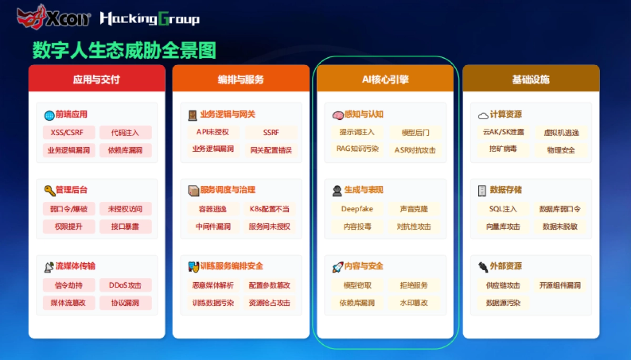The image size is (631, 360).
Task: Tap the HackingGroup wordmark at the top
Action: coord(149,19)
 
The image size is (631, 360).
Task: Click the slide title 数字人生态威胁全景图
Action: coord(124,50)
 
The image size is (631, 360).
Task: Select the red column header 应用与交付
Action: coord(97,79)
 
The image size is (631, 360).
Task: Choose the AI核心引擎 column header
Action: coord(385,79)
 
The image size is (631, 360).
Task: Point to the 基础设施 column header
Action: coord(531,79)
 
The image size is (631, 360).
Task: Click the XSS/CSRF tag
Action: coord(67,132)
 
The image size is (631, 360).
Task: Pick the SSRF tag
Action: coord(271,132)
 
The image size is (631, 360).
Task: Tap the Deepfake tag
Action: coord(357,209)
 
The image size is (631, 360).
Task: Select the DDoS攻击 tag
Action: coord(125,285)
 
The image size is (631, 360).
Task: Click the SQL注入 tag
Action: coord(503,209)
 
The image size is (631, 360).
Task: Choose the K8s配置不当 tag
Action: coord(270,209)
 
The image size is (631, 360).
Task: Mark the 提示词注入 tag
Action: coord(357,132)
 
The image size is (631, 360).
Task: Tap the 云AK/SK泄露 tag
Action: coord(503,132)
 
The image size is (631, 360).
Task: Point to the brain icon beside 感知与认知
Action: coord(338,115)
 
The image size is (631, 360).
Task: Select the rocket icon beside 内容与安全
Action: coord(338,267)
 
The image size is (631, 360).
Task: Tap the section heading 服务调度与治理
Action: coord(228,190)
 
